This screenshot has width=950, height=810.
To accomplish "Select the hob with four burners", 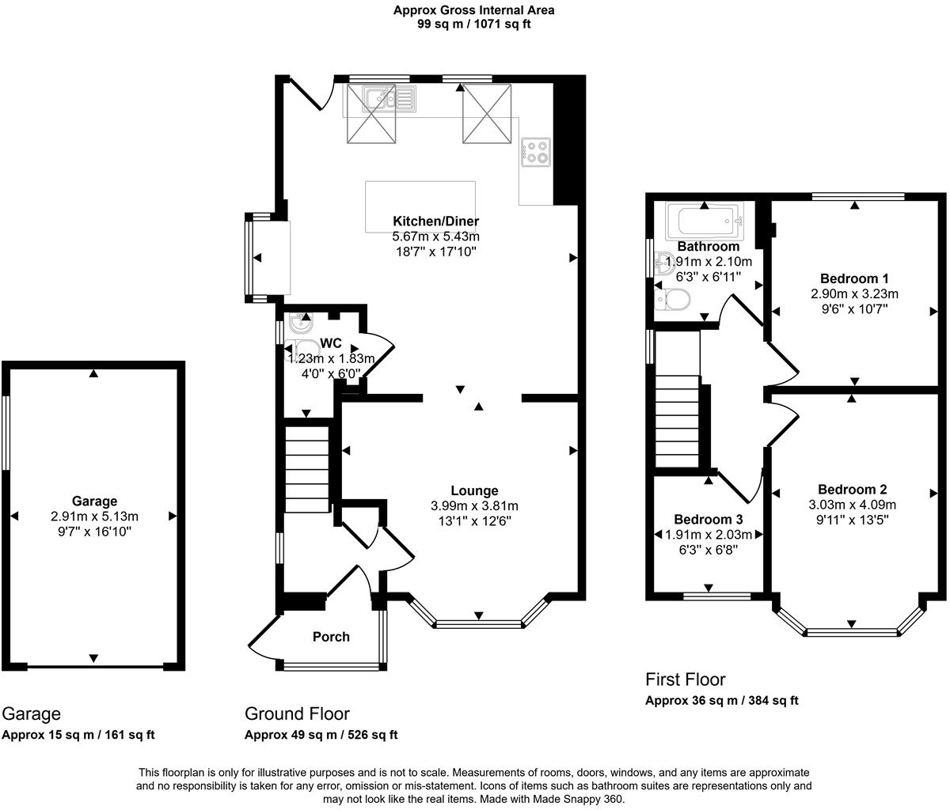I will click(536, 151).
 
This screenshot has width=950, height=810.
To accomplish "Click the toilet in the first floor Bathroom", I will click(674, 300).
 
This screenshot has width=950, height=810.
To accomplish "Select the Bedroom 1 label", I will click(854, 278).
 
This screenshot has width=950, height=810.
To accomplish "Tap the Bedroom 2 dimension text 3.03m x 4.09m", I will click(852, 505).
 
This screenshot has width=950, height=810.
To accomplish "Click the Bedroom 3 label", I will click(709, 520).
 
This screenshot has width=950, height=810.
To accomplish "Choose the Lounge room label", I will click(474, 491).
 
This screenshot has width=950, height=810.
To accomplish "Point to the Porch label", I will click(331, 637).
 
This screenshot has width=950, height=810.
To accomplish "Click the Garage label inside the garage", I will click(94, 501).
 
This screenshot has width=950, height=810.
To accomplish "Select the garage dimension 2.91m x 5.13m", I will click(94, 517).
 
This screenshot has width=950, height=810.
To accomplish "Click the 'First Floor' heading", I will click(685, 679).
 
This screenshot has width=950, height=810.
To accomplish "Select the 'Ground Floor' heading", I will click(297, 713).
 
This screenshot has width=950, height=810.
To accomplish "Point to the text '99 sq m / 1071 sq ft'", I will click(474, 24).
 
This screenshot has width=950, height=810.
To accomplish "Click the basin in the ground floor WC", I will click(300, 324).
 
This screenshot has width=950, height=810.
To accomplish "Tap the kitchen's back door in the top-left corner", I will click(310, 93).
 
